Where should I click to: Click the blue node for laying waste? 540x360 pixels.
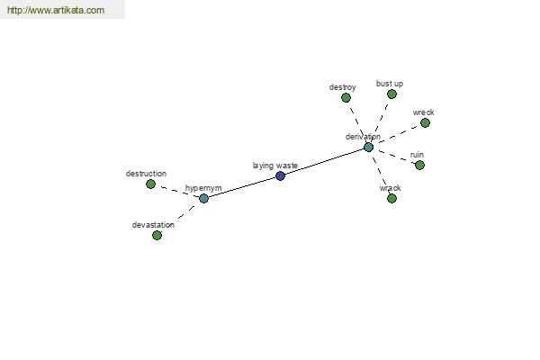(x=280, y=176)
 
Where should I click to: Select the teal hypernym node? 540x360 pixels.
(x=204, y=198)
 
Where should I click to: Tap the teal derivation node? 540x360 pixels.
(x=368, y=148)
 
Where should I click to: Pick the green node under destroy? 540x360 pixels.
(x=346, y=98)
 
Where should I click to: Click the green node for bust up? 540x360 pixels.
(x=391, y=94)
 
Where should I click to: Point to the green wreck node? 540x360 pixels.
(x=425, y=123)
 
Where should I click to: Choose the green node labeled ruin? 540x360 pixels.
(x=419, y=166)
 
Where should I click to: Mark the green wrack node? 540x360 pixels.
(x=391, y=198)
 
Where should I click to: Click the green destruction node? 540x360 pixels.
(x=150, y=184)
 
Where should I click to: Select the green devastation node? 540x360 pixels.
(x=157, y=236)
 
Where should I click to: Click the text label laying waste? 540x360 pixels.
(x=274, y=166)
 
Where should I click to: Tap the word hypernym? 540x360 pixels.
(x=203, y=188)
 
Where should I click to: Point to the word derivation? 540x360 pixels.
(x=363, y=137)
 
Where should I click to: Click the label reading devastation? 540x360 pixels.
(x=153, y=225)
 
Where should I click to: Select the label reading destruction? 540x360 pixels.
(x=146, y=174)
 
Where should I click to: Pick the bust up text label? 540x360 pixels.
(x=390, y=84)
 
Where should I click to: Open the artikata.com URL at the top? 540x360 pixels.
(x=56, y=10)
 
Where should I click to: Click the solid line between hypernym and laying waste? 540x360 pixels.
(x=242, y=187)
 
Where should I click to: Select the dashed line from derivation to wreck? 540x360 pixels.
(x=397, y=135)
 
